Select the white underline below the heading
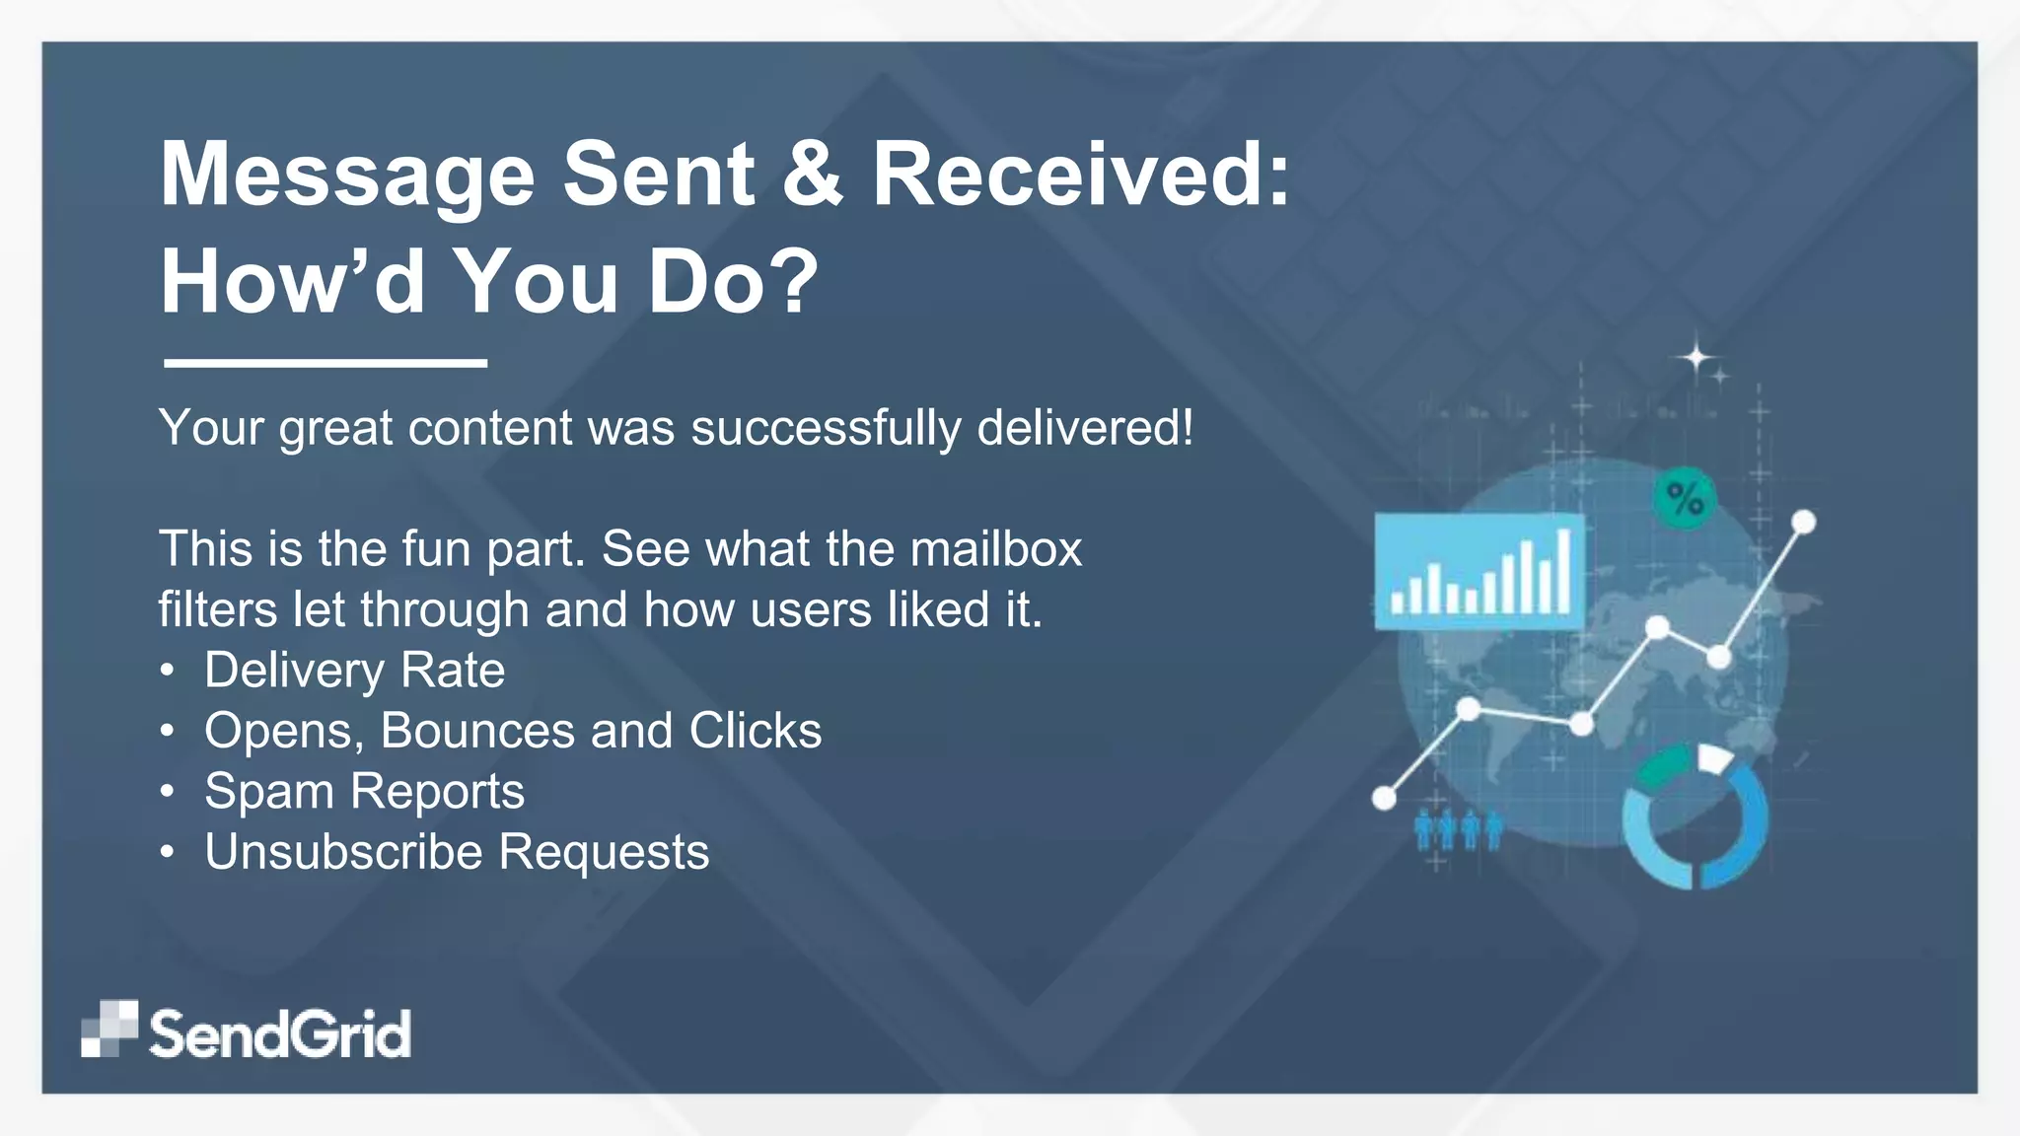tap(325, 363)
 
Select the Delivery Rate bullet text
tap(354, 671)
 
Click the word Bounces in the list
tap(477, 731)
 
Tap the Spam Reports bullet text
tap(364, 792)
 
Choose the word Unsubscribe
tap(344, 852)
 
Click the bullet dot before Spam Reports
tap(168, 792)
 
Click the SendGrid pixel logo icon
tap(109, 1029)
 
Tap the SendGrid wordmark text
tap(279, 1034)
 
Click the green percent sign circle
tap(1685, 498)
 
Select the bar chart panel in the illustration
tap(1479, 572)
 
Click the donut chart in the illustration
tap(1695, 817)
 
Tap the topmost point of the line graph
tap(1804, 521)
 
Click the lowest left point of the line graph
tap(1385, 798)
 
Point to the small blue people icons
tap(1458, 830)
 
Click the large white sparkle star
tap(1696, 356)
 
